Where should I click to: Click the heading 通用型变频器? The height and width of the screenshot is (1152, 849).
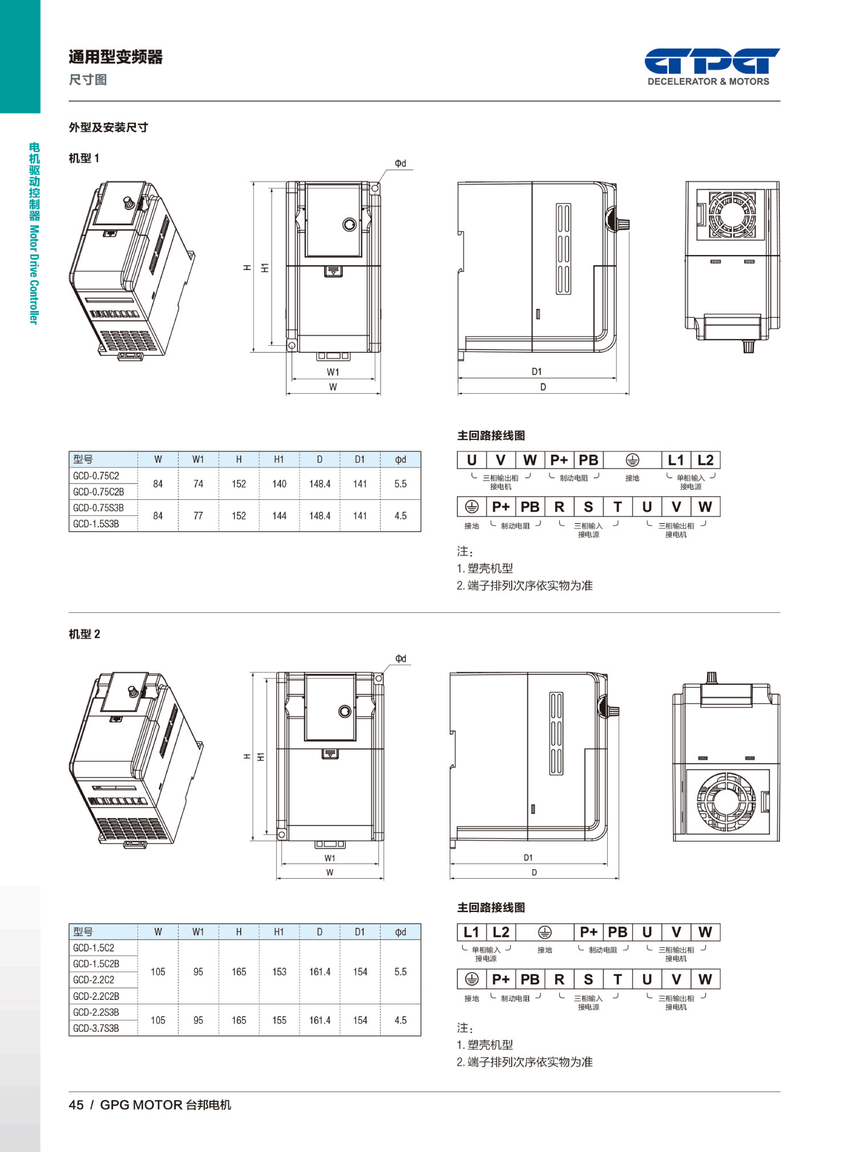pos(116,57)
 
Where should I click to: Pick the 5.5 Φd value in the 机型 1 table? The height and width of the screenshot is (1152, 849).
pos(400,484)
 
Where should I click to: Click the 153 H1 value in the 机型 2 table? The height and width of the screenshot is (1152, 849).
pos(279,972)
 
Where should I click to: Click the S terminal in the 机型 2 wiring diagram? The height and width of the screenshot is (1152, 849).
pos(588,979)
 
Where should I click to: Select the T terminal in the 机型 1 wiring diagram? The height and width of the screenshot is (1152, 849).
pos(618,507)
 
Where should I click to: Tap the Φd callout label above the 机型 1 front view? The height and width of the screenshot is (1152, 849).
pos(400,163)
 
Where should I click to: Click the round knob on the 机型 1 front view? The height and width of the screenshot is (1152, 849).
pos(350,225)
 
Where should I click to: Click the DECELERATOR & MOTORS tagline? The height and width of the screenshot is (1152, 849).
pos(708,81)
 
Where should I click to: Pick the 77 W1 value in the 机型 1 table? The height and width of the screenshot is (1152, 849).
pos(198,516)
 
